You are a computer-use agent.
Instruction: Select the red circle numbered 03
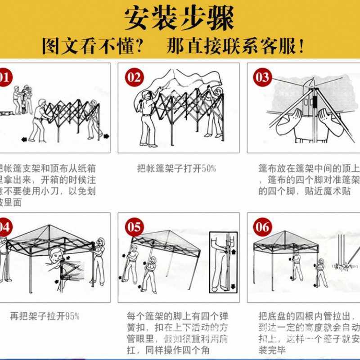(x=263, y=77)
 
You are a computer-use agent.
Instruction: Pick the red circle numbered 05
(x=135, y=227)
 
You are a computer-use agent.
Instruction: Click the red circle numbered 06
(x=263, y=227)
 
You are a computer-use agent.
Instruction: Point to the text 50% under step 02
(x=209, y=169)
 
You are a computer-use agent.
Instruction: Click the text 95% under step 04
(x=72, y=316)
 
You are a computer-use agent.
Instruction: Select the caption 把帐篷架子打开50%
(x=176, y=169)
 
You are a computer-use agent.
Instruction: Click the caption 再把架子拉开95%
(x=45, y=316)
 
